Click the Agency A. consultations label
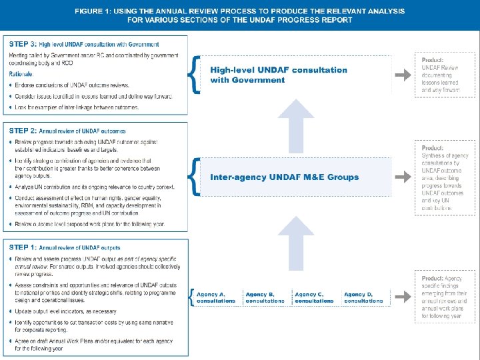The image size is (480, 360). point(216,297)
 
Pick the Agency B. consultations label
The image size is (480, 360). point(265,297)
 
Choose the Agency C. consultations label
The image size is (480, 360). point(314,297)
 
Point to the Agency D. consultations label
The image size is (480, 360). point(363,297)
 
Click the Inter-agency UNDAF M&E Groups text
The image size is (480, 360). point(284,177)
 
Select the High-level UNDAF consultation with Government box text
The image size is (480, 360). point(279,75)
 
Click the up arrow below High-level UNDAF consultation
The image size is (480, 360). point(295,125)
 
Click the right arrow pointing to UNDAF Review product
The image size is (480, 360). point(402,75)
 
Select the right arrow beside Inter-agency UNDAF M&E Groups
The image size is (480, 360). point(402,177)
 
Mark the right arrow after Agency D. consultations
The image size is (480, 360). point(402,297)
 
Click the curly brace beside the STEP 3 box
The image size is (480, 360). point(193,75)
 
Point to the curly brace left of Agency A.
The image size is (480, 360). point(193,297)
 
